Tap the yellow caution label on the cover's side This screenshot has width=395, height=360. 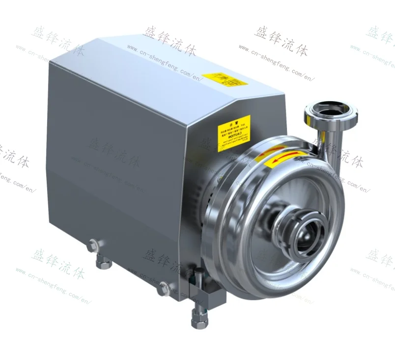(234, 131)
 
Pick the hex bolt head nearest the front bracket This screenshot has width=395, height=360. (163, 290)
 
